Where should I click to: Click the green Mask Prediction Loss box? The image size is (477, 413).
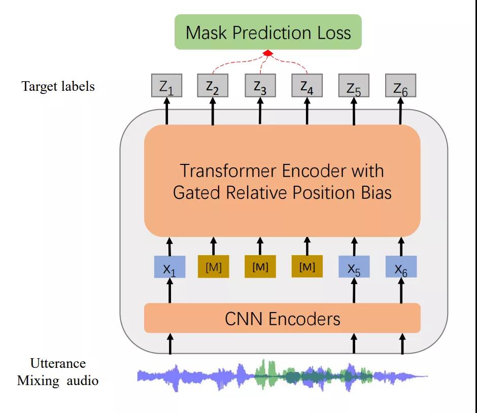coord(268,32)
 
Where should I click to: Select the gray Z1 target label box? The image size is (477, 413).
coord(167,85)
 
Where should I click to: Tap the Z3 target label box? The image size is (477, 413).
coord(260,85)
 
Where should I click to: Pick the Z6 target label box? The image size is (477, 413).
coord(401,85)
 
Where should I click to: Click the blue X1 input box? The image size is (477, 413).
coord(170,267)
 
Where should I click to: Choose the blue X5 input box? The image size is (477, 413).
coord(354,267)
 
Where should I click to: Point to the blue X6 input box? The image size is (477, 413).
coord(401,267)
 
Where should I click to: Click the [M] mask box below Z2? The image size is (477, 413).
coord(214,267)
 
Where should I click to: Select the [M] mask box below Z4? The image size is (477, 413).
coord(307,267)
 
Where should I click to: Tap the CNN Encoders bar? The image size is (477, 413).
coord(282,318)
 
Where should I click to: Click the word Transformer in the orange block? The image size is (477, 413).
coord(228,170)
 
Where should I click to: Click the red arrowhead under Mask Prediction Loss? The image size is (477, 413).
coord(268,53)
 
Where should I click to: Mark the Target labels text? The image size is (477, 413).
coord(58,86)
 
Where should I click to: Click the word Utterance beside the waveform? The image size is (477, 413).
coord(58,363)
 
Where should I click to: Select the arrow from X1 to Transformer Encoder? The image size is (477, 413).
coord(170,247)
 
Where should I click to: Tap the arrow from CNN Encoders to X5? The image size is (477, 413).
coord(354,290)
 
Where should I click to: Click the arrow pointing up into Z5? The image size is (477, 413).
coord(354,111)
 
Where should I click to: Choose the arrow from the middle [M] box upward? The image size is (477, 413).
coord(260,247)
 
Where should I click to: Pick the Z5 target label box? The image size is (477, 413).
coord(354,85)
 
